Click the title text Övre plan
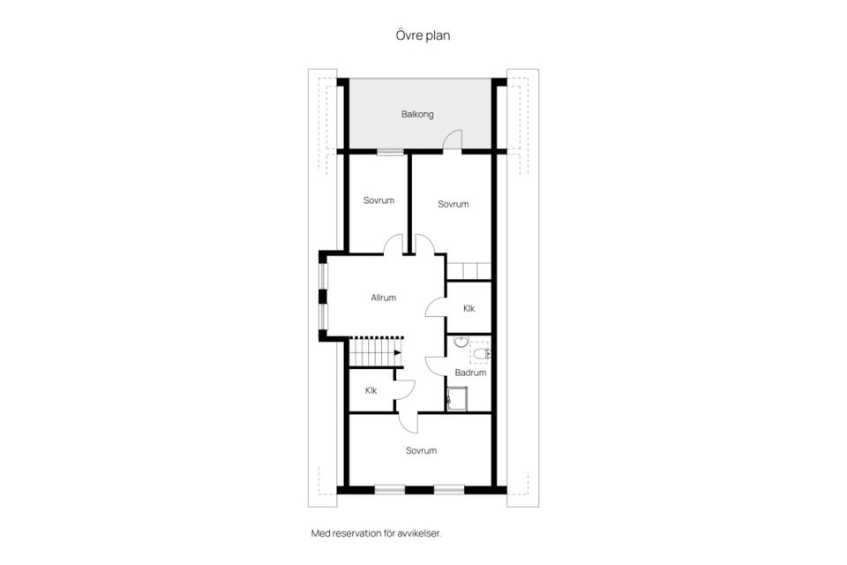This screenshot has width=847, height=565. click(423, 35)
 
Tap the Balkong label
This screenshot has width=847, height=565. click(417, 115)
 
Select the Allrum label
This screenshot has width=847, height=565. click(384, 298)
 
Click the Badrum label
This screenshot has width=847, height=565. click(470, 373)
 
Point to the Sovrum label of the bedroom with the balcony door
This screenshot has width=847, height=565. click(453, 204)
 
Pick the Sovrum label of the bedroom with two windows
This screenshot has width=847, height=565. click(422, 450)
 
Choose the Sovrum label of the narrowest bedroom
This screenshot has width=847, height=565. click(379, 200)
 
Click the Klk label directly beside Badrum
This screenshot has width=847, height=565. click(468, 308)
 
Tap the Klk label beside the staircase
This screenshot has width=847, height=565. click(371, 390)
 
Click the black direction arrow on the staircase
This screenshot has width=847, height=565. click(398, 352)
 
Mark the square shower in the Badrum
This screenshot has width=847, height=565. click(457, 398)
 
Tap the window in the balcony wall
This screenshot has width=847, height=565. click(390, 151)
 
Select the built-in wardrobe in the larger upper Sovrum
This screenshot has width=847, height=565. click(468, 271)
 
